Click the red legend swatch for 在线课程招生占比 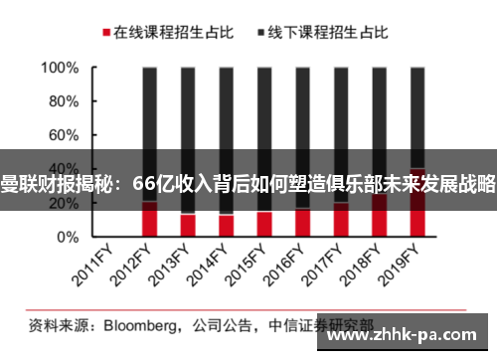pyautogui.click(x=105, y=33)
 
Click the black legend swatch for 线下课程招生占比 pyautogui.click(x=262, y=33)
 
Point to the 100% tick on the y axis pyautogui.click(x=59, y=69)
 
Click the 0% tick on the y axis pyautogui.click(x=67, y=238)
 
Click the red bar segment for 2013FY pyautogui.click(x=187, y=226)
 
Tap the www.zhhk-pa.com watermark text pyautogui.click(x=408, y=336)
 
